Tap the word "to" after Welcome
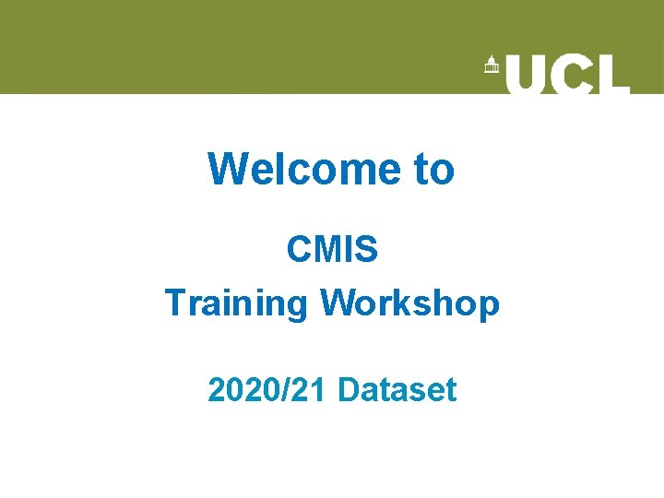click(433, 169)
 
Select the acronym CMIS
click(332, 249)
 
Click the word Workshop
click(409, 302)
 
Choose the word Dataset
click(397, 390)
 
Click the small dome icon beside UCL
click(491, 66)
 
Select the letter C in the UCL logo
click(572, 74)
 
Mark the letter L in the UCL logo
click(612, 74)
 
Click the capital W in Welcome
click(226, 169)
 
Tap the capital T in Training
click(174, 302)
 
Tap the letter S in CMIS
click(367, 249)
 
